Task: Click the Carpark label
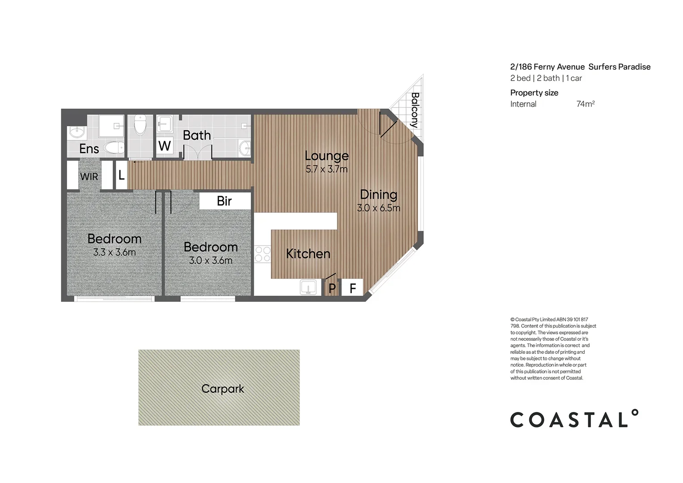click(x=223, y=389)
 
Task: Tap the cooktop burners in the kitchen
click(x=262, y=254)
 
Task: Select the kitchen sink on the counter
click(x=308, y=287)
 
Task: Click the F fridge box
click(x=353, y=288)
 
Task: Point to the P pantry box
click(x=332, y=288)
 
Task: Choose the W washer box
click(x=164, y=146)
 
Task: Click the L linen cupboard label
click(x=121, y=175)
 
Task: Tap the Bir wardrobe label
click(x=224, y=201)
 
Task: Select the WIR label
click(x=89, y=177)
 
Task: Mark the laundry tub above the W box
click(x=164, y=123)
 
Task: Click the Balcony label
click(x=415, y=110)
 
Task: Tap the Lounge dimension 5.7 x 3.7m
click(x=326, y=169)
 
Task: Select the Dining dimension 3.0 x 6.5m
click(x=379, y=208)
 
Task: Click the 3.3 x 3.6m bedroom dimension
click(x=114, y=252)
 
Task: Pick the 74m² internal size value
click(x=585, y=104)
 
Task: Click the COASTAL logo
click(x=574, y=419)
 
